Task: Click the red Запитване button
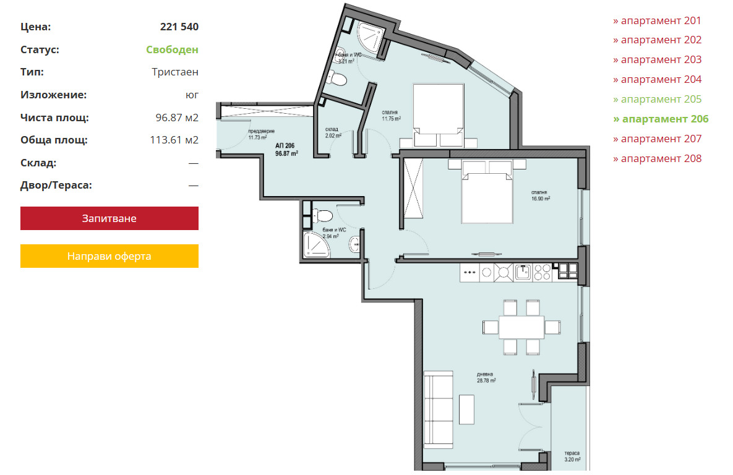pyautogui.click(x=109, y=218)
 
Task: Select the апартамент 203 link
pyautogui.click(x=658, y=60)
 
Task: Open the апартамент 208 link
pyautogui.click(x=658, y=159)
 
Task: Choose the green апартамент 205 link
pyautogui.click(x=658, y=99)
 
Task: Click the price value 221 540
pyautogui.click(x=179, y=27)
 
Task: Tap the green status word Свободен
pyautogui.click(x=172, y=49)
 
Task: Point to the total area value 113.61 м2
pyautogui.click(x=174, y=140)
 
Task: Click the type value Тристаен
pyautogui.click(x=175, y=72)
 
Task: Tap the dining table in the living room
pyautogui.click(x=521, y=327)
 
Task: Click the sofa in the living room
pyautogui.click(x=439, y=410)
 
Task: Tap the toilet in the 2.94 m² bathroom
pyautogui.click(x=322, y=215)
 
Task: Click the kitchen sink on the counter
pyautogui.click(x=523, y=272)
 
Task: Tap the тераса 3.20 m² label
pyautogui.click(x=572, y=456)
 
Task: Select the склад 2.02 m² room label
pyautogui.click(x=333, y=133)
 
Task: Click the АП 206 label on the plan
pyautogui.click(x=286, y=150)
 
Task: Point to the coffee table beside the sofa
pyautogui.click(x=466, y=409)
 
